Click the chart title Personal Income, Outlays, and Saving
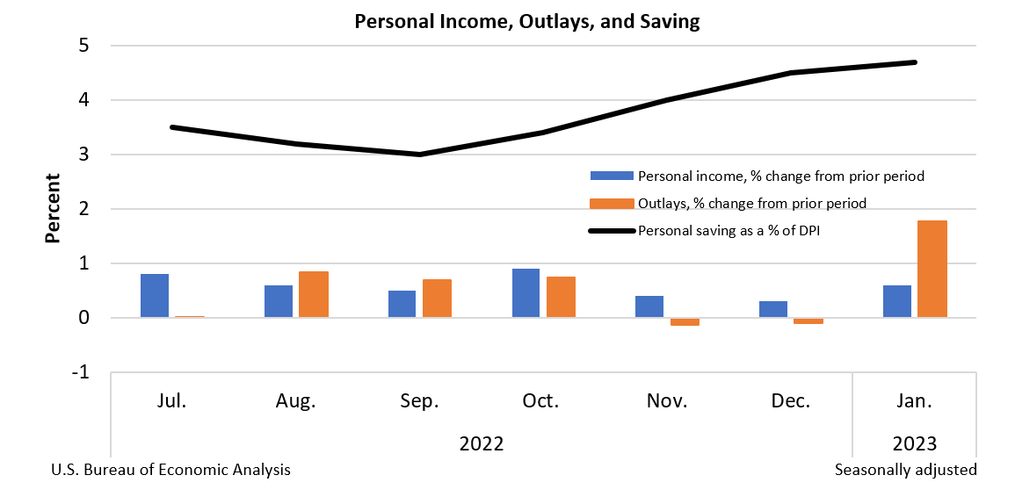click(x=526, y=22)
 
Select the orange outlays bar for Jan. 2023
click(x=932, y=269)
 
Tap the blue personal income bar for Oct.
click(x=526, y=293)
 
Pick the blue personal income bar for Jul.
click(x=154, y=296)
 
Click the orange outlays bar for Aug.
click(x=313, y=294)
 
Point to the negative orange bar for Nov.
click(x=685, y=321)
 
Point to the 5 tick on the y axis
click(x=84, y=46)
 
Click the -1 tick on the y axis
click(x=82, y=372)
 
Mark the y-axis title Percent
click(x=53, y=208)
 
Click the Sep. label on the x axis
click(x=418, y=402)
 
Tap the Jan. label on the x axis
click(x=915, y=402)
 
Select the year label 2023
click(x=915, y=443)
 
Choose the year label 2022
click(x=481, y=443)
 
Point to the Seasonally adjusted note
click(x=905, y=470)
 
